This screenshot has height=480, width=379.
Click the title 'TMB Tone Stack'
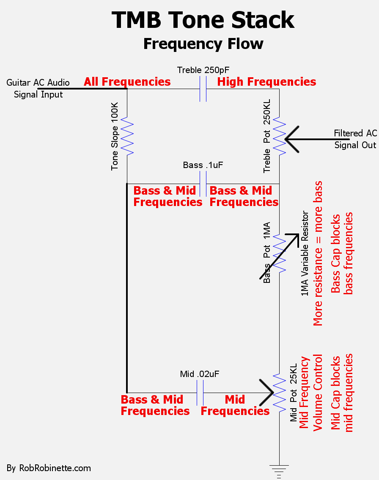pos(203,20)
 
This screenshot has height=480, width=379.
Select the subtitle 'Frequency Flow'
pos(203,44)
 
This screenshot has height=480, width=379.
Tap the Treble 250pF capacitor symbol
pos(203,89)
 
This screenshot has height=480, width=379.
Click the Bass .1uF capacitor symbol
pos(203,184)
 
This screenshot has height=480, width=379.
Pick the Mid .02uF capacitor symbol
pos(200,393)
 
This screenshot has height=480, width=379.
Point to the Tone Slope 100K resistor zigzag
pos(127,136)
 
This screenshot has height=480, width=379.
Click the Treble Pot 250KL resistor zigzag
pos(279,136)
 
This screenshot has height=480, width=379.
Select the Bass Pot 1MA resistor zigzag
pos(279,253)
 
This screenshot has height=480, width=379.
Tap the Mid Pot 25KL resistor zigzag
pos(279,393)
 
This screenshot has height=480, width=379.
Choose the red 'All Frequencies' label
pos(127,82)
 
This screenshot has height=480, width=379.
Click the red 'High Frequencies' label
pos(266,82)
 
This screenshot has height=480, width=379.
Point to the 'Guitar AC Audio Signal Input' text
pos(38,89)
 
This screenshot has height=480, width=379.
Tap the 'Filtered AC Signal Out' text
pos(355,139)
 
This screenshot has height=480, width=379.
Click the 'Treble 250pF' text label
pos(203,70)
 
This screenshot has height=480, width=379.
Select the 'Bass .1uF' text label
pos(203,165)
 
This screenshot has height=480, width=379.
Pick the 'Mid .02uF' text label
pos(200,374)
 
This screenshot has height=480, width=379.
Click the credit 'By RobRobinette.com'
pos(49,468)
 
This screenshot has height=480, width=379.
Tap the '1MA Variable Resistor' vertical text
pos(305,253)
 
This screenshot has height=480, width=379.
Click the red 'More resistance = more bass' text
pos(318,253)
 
